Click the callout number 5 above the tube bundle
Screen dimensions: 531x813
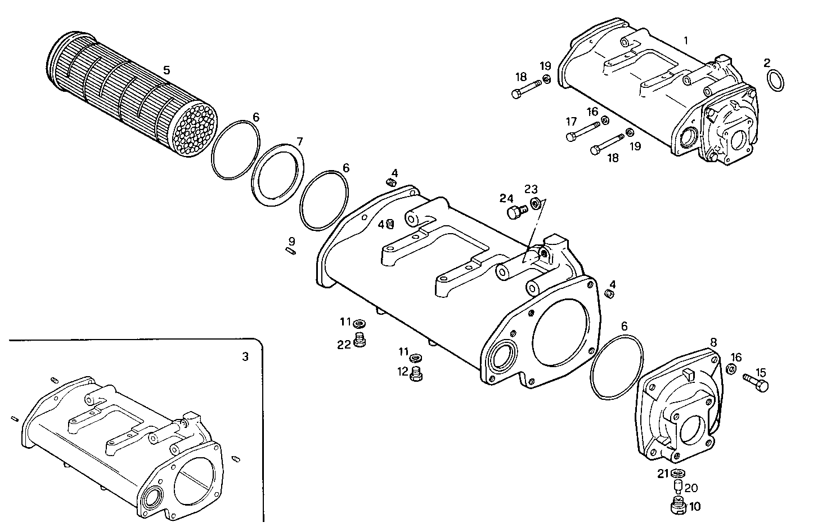coord(167,70)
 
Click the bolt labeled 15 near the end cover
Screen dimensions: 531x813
coord(756,381)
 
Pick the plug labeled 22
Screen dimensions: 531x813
coord(360,341)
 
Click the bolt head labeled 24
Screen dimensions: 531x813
coord(514,213)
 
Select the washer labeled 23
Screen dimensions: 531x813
coord(534,203)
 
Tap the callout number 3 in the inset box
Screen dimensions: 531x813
coord(244,356)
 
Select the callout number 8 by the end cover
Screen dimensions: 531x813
coord(713,342)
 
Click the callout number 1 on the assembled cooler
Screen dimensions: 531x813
coord(686,40)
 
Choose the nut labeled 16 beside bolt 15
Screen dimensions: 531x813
coord(732,369)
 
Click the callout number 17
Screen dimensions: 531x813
coord(572,121)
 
